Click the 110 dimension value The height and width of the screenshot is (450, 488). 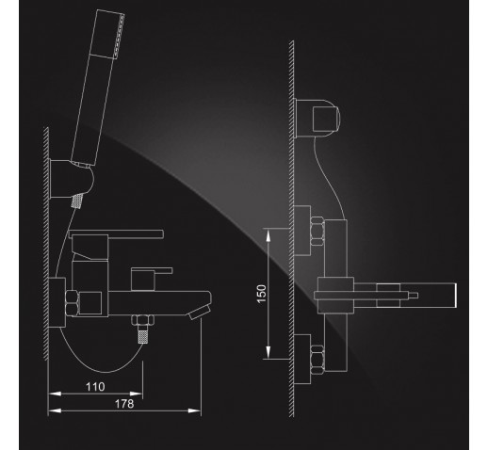(x=95, y=387)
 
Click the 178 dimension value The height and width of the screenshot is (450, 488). (x=124, y=404)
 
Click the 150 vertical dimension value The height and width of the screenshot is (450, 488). (x=262, y=294)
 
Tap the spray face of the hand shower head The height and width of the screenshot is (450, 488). (x=119, y=36)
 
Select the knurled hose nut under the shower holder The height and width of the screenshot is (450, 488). (x=77, y=201)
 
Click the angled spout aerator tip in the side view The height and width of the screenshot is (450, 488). (x=200, y=313)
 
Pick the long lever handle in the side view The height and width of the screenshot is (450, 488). (x=116, y=234)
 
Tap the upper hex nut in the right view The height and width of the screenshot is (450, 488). (x=317, y=232)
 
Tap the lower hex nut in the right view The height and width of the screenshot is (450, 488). (x=317, y=361)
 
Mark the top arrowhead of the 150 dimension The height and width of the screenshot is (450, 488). (x=268, y=234)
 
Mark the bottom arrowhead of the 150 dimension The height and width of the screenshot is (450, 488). (x=268, y=352)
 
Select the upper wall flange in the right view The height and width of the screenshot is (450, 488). (x=302, y=231)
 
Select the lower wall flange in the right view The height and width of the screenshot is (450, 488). (x=302, y=359)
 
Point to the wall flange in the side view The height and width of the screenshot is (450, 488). (x=57, y=302)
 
